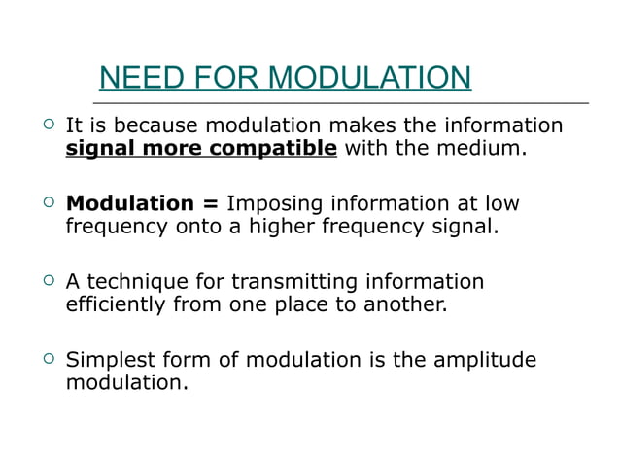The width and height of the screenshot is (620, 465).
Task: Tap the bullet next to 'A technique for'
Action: coord(45,281)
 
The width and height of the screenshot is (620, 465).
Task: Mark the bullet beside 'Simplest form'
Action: coord(45,359)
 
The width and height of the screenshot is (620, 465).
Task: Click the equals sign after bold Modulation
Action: coord(210,203)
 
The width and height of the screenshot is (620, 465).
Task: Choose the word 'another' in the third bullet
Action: coord(407,304)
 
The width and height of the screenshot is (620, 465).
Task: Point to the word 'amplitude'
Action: coord(485,361)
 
